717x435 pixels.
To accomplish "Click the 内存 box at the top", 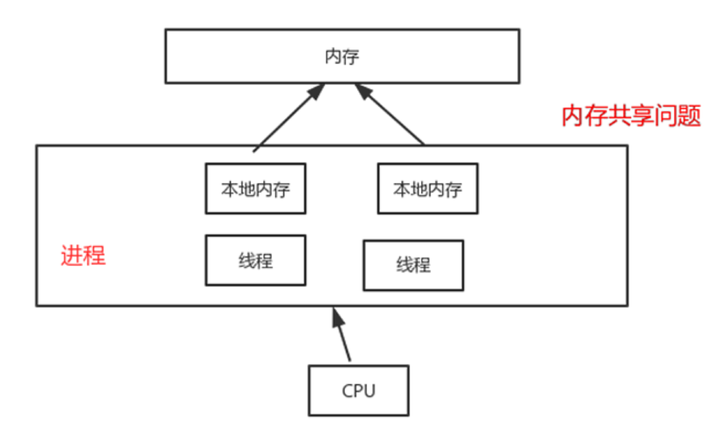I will click(342, 56).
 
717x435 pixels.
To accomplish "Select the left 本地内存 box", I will click(255, 188).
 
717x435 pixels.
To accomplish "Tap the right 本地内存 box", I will click(427, 188).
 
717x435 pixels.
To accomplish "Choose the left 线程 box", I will click(255, 260).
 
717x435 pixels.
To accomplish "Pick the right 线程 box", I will click(413, 265).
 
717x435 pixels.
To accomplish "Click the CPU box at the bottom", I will click(358, 390).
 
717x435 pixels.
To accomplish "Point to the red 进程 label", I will click(83, 255).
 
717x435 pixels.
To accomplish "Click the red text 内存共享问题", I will click(631, 116).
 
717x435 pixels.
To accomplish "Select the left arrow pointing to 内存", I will click(288, 118).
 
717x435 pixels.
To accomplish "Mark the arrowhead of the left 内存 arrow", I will click(317, 91).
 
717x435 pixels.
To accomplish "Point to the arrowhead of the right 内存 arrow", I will click(363, 91).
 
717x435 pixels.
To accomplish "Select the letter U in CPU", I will click(369, 391).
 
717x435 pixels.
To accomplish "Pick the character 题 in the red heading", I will click(689, 116).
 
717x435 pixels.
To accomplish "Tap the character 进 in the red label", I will click(72, 255).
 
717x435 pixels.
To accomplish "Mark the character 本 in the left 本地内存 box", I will click(229, 189).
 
